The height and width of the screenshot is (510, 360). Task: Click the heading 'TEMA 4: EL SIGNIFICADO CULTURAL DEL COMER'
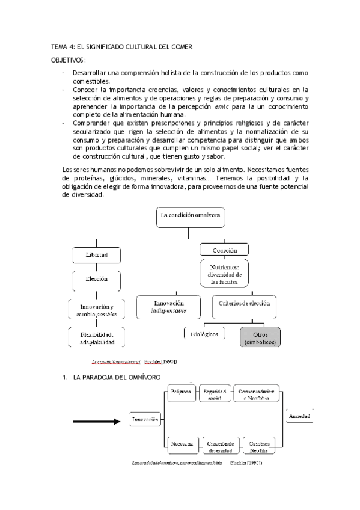coord(124,47)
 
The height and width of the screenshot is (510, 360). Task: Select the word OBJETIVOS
coord(67,60)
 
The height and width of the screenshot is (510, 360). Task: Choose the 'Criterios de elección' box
coord(244,304)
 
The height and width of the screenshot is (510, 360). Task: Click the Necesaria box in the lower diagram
coord(181,443)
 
